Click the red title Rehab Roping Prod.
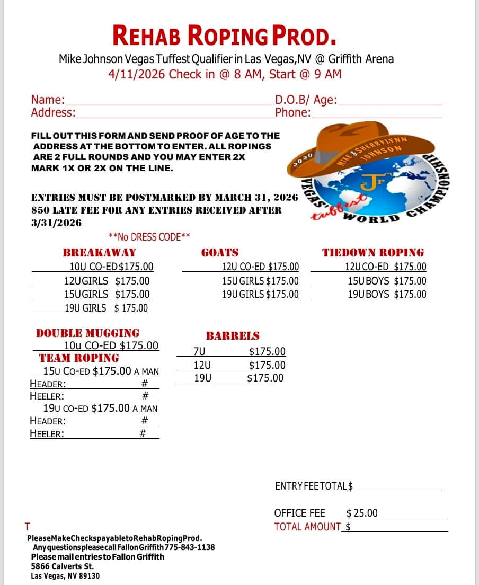click(x=224, y=36)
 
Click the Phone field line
click(x=376, y=117)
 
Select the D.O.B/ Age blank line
click(x=389, y=104)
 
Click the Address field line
click(x=175, y=117)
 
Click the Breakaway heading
click(x=99, y=253)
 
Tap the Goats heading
click(x=220, y=253)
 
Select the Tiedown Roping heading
click(x=373, y=253)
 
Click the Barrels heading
click(x=233, y=335)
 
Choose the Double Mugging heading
click(x=87, y=333)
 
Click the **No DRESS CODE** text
click(x=149, y=237)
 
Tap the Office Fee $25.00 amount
click(x=362, y=513)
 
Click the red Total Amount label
click(x=307, y=527)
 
